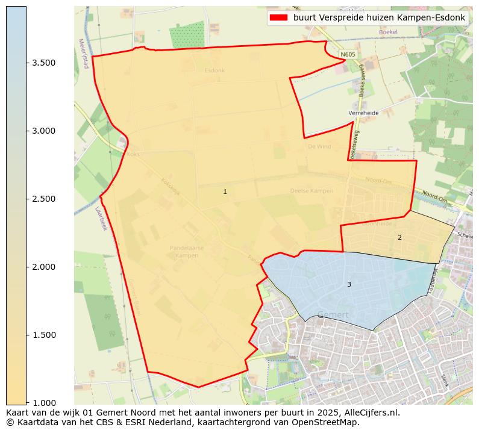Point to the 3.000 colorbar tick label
tap(43, 131)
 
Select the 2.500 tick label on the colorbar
tap(43, 199)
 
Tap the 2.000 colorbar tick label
tap(43, 267)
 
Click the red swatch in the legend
tap(278, 17)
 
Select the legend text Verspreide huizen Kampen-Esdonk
tap(379, 17)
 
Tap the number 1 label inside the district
tap(225, 192)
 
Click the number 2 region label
tap(399, 237)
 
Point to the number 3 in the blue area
tap(348, 284)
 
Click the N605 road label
tap(348, 55)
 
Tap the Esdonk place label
tap(214, 70)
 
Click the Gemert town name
tap(332, 315)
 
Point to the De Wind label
tap(319, 146)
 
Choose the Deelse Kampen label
tap(312, 191)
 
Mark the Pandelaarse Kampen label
tap(187, 251)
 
